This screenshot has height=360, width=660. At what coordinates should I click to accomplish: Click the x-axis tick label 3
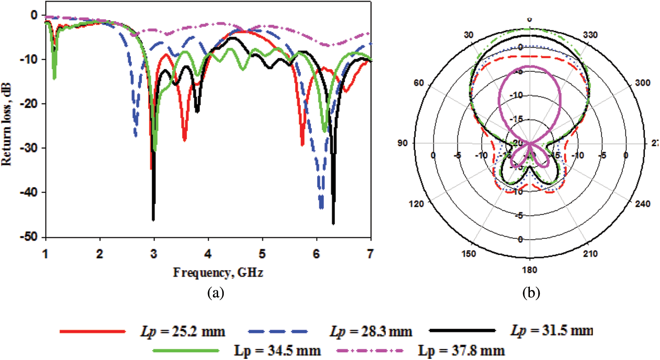click(154, 255)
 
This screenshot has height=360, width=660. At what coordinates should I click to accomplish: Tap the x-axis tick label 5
click(262, 255)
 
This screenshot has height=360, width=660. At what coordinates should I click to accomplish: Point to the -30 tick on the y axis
click(29, 148)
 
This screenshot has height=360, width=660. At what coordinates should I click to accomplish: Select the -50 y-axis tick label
click(29, 237)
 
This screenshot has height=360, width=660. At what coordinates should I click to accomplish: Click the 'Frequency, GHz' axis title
click(218, 272)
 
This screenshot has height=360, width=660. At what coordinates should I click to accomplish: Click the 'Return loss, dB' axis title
click(7, 124)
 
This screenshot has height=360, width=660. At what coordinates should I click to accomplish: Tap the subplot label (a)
click(215, 293)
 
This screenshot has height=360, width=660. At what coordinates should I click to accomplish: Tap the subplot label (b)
click(531, 293)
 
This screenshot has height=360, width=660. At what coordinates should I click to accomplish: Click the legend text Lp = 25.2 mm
click(183, 331)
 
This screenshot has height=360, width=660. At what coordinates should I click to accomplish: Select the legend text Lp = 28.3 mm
click(371, 331)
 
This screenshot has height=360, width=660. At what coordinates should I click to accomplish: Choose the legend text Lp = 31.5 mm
click(552, 330)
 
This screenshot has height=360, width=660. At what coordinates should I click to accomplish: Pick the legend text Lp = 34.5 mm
click(278, 351)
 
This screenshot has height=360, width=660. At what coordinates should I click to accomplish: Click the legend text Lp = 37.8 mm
click(461, 351)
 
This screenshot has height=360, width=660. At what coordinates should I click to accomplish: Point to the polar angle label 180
click(530, 270)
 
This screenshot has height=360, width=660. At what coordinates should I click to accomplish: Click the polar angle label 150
click(469, 254)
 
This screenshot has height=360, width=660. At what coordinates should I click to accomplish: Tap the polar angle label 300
click(642, 83)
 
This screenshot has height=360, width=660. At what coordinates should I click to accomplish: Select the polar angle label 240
click(642, 204)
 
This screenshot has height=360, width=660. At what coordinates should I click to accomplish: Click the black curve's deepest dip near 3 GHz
click(153, 219)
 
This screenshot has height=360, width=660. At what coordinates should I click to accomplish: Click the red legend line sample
click(93, 331)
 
